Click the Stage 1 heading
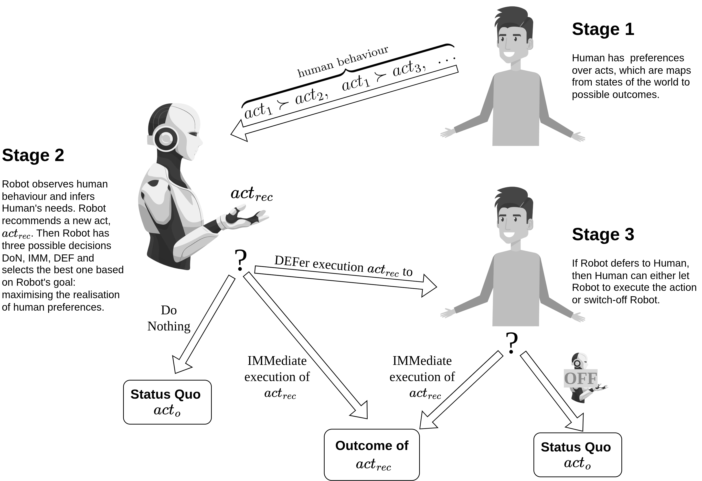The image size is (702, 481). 603,29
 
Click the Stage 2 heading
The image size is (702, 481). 33,155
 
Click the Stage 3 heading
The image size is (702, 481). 603,234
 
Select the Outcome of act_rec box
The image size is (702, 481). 372,454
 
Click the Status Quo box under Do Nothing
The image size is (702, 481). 167,402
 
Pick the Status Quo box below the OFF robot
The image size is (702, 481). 577,455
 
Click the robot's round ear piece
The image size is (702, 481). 166,139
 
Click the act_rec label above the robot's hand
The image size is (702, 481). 252,194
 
